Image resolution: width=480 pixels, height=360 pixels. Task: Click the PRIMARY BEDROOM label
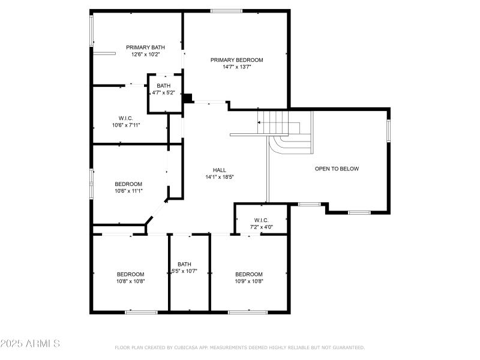[x=236, y=60]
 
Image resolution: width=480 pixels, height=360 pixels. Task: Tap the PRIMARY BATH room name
[x=145, y=47]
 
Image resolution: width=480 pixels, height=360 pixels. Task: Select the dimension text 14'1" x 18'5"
[x=219, y=177]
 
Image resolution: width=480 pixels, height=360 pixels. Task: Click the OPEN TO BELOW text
[x=337, y=169]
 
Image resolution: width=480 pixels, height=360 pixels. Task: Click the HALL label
[x=219, y=170]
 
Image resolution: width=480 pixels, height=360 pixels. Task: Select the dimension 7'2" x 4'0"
[x=261, y=227]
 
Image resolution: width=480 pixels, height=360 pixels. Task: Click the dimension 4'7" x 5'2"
[x=164, y=93]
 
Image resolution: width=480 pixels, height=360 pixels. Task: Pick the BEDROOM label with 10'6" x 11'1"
[x=128, y=184]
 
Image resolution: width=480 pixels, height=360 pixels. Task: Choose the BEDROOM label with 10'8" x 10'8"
[x=130, y=274]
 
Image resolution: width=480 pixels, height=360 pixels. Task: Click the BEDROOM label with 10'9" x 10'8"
[x=248, y=274]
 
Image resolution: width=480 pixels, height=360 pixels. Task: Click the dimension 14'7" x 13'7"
[x=236, y=67]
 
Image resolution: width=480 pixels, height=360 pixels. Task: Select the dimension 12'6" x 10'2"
[x=145, y=55]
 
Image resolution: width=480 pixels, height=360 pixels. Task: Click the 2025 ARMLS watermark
[x=30, y=344]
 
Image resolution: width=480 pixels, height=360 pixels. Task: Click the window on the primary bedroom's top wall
[x=226, y=11]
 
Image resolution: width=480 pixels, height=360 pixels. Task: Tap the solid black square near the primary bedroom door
[x=188, y=98]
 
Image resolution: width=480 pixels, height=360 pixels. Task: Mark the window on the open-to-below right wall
[x=388, y=130]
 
